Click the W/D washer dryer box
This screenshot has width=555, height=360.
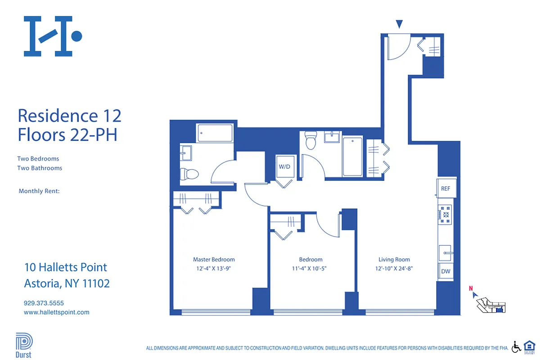click(x=284, y=166)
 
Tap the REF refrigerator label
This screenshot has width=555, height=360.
click(x=445, y=189)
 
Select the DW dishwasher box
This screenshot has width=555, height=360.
click(x=445, y=271)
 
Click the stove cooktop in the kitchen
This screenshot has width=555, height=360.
click(x=445, y=215)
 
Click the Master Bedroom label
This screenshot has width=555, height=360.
click(x=214, y=259)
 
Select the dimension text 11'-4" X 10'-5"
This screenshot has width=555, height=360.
click(x=311, y=269)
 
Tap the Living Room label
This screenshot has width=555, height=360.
click(x=394, y=259)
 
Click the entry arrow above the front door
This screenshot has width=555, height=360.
click(x=399, y=24)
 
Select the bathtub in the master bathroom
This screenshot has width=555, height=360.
click(x=215, y=133)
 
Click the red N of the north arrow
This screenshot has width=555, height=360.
click(x=470, y=288)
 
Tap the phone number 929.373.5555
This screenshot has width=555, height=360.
click(x=44, y=303)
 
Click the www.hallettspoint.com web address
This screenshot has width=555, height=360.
click(x=56, y=312)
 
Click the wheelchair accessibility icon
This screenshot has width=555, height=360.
click(x=516, y=346)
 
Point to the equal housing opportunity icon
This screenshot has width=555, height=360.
click(x=530, y=346)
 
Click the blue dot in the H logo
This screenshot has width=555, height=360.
click(x=77, y=36)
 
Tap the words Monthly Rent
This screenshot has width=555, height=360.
click(x=39, y=191)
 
